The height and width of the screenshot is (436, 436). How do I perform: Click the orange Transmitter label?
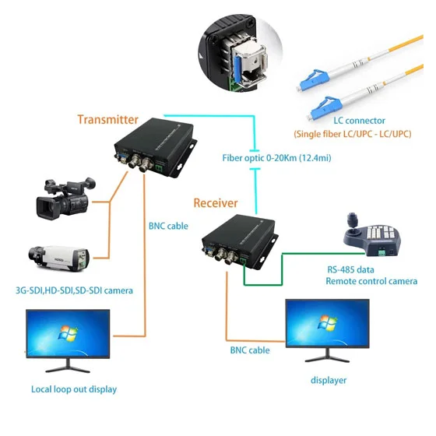tap(108, 120)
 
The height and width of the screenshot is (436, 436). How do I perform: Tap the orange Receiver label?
tap(216, 203)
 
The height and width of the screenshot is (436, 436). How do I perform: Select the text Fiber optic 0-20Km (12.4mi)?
tap(276, 158)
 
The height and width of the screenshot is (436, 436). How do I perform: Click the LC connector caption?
tap(359, 121)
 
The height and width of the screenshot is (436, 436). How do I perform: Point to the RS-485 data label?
tap(350, 269)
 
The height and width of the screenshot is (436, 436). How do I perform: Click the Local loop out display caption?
tap(74, 389)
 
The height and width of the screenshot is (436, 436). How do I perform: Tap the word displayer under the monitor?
tap(329, 380)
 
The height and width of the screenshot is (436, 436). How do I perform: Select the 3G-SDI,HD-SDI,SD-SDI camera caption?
tap(74, 290)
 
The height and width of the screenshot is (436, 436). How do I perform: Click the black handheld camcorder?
tap(66, 198)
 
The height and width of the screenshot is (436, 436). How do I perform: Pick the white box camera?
tap(59, 258)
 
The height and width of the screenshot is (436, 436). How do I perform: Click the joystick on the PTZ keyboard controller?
tap(353, 223)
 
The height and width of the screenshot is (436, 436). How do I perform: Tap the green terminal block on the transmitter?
tap(159, 168)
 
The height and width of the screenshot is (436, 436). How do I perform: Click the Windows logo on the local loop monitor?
tap(68, 333)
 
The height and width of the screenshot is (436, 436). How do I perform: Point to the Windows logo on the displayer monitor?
tap(328, 322)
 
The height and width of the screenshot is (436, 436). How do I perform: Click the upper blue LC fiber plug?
tap(313, 80)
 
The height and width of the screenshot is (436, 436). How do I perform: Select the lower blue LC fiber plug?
tap(325, 108)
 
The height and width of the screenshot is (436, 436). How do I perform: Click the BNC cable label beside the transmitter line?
tap(168, 226)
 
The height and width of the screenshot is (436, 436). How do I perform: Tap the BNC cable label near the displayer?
tap(250, 350)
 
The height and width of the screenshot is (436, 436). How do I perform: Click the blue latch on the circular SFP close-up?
tap(238, 69)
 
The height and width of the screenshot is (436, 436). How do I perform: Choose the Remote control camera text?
tap(371, 281)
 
